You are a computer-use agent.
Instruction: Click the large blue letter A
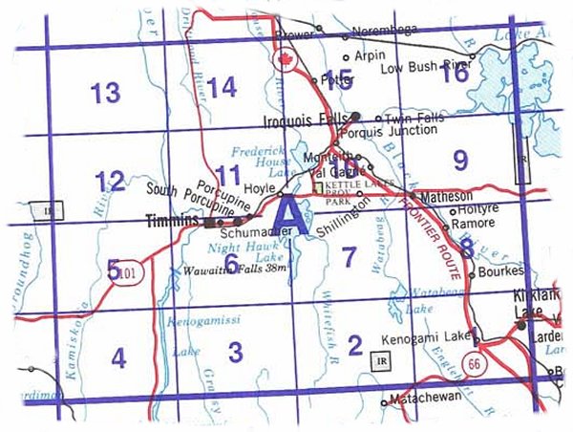click(289, 217)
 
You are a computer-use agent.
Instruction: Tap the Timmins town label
click(172, 220)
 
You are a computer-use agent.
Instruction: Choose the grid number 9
click(460, 160)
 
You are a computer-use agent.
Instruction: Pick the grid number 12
click(110, 179)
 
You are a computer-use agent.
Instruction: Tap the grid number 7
click(350, 255)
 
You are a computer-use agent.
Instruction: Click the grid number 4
click(117, 358)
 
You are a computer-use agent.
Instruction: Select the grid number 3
click(235, 350)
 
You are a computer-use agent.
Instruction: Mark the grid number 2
click(355, 344)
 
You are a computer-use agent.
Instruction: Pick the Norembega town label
click(387, 30)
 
